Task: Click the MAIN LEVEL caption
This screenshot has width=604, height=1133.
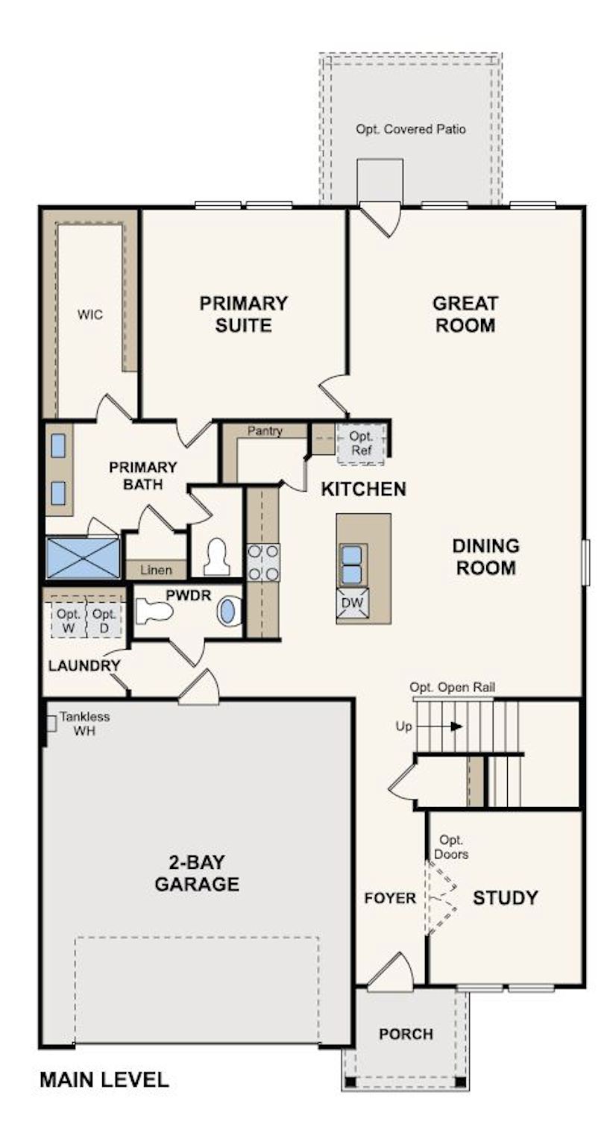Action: [104, 1079]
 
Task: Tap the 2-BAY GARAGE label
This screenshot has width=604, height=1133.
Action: [197, 873]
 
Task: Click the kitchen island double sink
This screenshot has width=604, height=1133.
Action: [351, 565]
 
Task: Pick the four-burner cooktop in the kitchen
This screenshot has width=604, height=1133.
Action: [263, 562]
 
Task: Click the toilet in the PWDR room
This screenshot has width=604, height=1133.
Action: [155, 612]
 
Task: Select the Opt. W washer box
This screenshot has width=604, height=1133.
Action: [69, 621]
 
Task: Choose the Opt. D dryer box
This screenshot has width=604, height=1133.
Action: [104, 621]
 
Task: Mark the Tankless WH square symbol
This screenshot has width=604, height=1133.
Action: [50, 723]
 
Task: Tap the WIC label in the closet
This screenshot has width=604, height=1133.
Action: [90, 314]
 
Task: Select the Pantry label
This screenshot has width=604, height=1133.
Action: [265, 431]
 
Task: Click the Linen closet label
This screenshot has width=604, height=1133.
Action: [156, 570]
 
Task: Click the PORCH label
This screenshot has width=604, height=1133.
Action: [406, 1034]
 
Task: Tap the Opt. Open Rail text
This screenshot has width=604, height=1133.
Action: [453, 687]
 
